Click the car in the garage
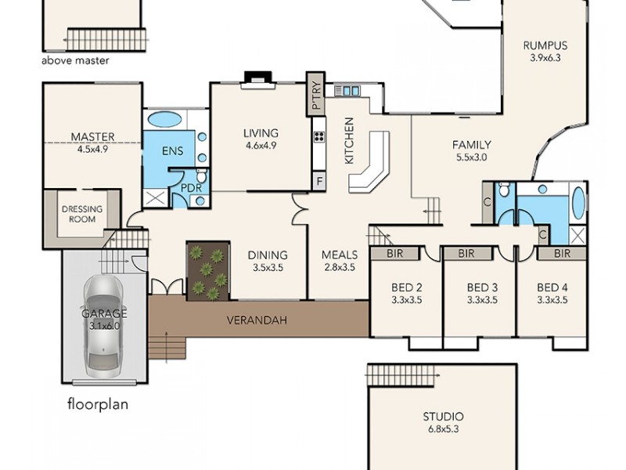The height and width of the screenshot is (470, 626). (x=103, y=320)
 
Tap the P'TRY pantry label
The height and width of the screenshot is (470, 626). (x=316, y=95)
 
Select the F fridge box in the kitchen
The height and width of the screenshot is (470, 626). (x=319, y=181)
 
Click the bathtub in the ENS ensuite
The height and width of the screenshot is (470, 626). (x=165, y=119)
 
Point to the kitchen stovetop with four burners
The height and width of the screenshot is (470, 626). (x=319, y=137)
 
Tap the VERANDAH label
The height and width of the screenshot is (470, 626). (x=257, y=320)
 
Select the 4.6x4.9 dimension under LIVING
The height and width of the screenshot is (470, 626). (x=261, y=146)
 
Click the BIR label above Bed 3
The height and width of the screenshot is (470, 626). (x=466, y=253)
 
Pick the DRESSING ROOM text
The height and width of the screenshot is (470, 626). (x=82, y=214)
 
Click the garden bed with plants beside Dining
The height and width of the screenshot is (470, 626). (x=208, y=270)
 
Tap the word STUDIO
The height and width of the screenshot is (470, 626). (x=443, y=417)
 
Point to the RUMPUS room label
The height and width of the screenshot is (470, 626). (x=545, y=45)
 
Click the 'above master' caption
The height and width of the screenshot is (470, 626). (x=75, y=61)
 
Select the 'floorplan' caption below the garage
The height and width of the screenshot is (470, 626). (x=98, y=404)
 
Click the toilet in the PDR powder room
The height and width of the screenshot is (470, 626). (x=202, y=175)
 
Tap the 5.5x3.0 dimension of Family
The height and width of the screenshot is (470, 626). (x=472, y=157)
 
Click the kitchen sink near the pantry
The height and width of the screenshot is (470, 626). (x=347, y=91)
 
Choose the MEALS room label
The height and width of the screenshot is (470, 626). (x=340, y=255)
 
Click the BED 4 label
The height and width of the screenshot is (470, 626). (x=552, y=287)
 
